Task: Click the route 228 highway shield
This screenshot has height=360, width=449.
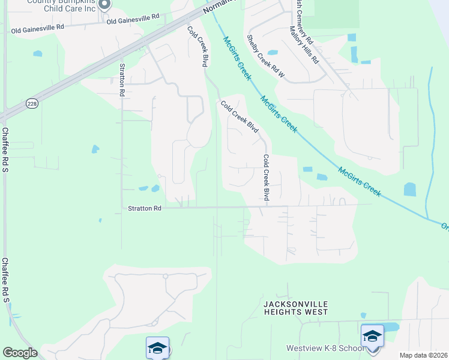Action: click(31, 104)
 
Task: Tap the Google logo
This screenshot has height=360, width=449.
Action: click(20, 353)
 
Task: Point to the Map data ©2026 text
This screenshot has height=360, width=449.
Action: click(423, 355)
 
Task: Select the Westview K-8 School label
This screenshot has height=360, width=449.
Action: click(325, 349)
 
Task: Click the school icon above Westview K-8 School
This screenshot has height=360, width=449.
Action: click(372, 336)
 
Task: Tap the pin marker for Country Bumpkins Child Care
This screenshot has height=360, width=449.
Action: click(104, 5)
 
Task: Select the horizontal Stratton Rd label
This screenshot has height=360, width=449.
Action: click(145, 208)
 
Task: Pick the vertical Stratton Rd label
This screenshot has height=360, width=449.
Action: click(122, 80)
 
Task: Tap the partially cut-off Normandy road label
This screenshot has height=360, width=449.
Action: click(215, 7)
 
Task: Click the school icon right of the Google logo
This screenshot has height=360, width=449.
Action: click(157, 348)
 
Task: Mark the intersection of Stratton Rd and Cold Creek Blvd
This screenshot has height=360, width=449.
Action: click(266, 207)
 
